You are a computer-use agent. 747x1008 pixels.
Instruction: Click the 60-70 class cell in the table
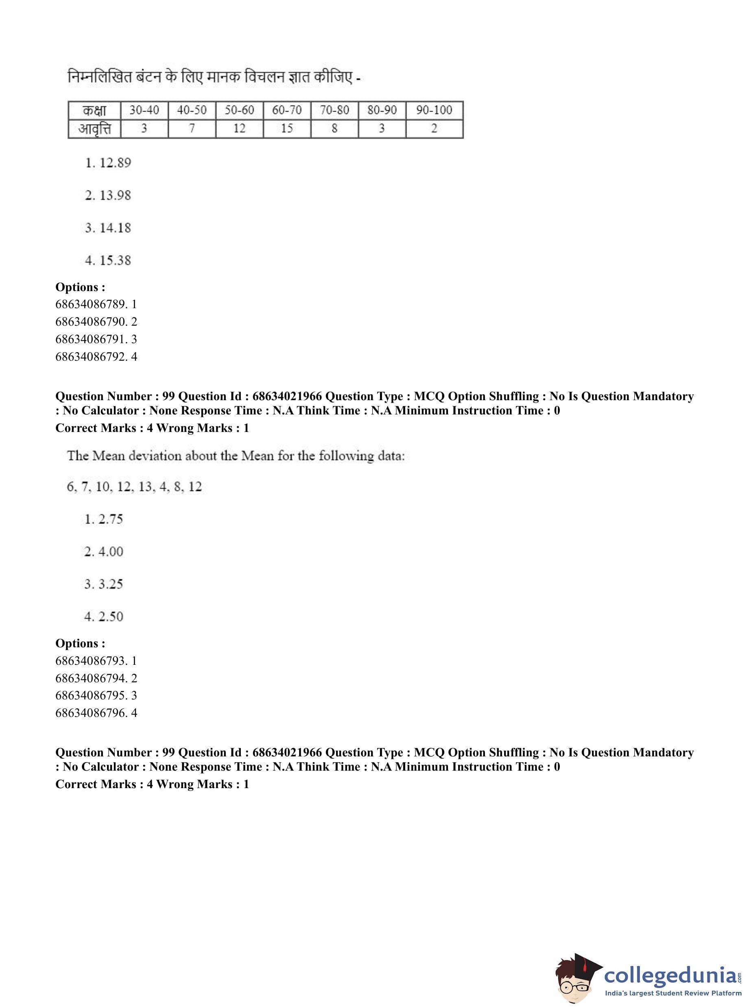[x=287, y=110]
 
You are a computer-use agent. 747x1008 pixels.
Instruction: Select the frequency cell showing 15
[x=287, y=129]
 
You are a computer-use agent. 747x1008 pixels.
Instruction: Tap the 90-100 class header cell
[x=434, y=110]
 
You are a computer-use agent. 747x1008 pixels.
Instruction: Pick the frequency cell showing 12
[x=239, y=129]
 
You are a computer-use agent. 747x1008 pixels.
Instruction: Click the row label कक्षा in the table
[x=94, y=110]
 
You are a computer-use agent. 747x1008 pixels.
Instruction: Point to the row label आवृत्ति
[x=94, y=129]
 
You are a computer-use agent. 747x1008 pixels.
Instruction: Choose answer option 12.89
[x=108, y=163]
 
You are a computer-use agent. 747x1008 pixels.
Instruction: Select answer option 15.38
[x=108, y=261]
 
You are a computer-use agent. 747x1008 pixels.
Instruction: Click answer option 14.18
[x=108, y=228]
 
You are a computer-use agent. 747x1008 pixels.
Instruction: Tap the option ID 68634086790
[x=96, y=322]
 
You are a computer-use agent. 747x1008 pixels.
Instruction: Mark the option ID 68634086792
[x=96, y=357]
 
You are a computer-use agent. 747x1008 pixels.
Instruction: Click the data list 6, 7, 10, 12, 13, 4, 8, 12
[x=134, y=487]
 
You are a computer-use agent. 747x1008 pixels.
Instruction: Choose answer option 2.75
[x=104, y=519]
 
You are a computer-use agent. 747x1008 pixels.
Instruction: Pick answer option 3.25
[x=104, y=584]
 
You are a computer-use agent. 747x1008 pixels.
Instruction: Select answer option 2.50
[x=104, y=617]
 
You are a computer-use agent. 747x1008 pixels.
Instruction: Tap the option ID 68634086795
[x=96, y=695]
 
